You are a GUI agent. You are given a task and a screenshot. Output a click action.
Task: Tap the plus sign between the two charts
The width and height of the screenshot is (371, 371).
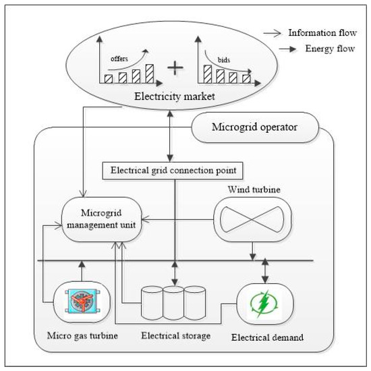coord(176,68)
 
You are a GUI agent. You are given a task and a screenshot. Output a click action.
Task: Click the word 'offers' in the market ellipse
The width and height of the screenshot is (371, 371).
coord(120,59)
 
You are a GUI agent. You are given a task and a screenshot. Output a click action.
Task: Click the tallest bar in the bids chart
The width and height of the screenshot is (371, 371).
coord(206,75)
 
